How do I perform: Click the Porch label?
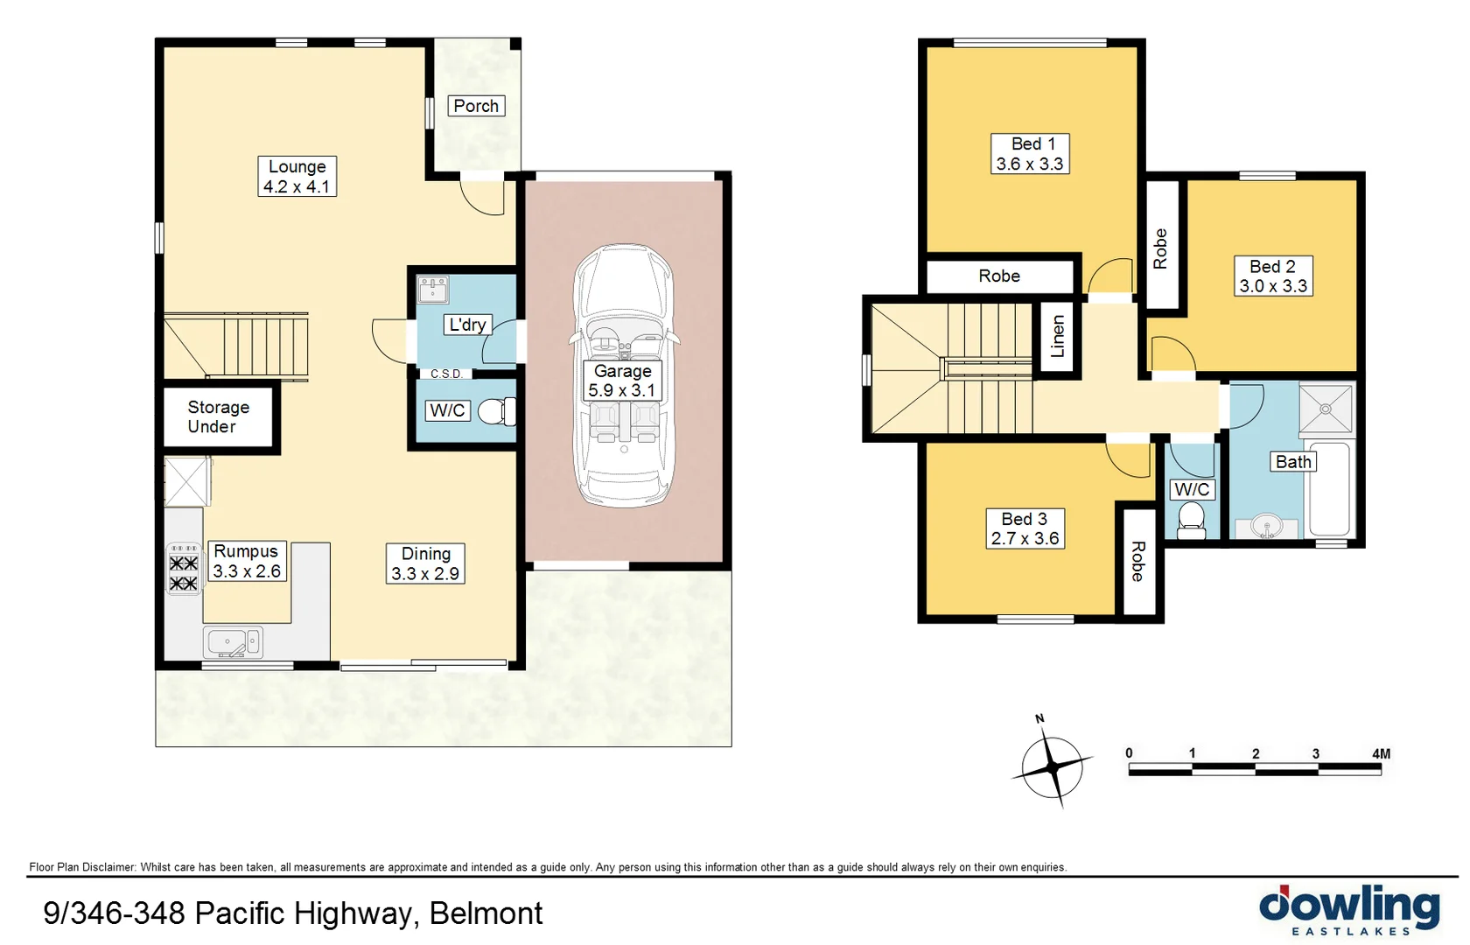point(476,106)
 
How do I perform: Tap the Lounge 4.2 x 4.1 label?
point(297,176)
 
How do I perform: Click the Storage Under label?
point(218,416)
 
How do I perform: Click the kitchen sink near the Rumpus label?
point(231,642)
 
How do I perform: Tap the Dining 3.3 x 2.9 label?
point(425,563)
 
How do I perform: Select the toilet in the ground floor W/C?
point(496,411)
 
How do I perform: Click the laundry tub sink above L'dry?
point(433,289)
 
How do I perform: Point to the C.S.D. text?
point(446,374)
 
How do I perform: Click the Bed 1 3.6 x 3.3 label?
point(1030,154)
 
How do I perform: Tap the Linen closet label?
point(1057,337)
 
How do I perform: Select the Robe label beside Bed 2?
point(1160,248)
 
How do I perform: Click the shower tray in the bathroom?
point(1326,408)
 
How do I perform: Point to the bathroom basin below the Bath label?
point(1266,527)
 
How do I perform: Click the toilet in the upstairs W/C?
point(1191,521)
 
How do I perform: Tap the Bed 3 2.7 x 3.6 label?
point(1025,528)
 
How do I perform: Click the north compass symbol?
point(1053,766)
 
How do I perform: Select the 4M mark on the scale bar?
point(1381,753)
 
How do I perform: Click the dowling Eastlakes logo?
point(1349,911)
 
